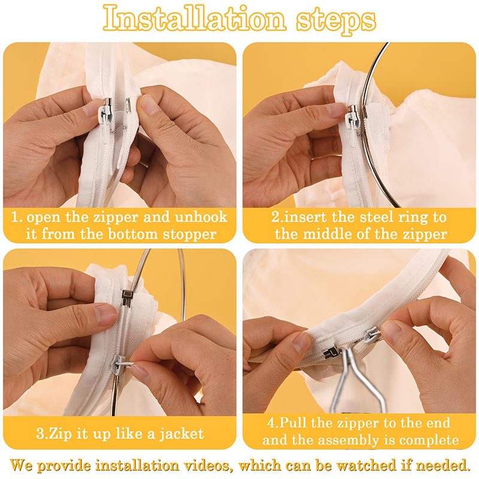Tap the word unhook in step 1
coord(201,217)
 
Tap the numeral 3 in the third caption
coord(40,433)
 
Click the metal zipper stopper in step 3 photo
coord(126,297)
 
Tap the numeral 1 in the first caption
coord(14,217)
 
